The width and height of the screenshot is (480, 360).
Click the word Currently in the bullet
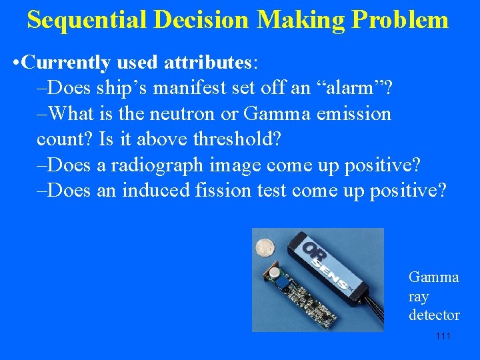click(x=65, y=63)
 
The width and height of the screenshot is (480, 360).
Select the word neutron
click(x=183, y=113)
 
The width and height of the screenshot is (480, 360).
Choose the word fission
click(x=225, y=191)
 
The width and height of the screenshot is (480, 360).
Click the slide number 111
click(x=443, y=336)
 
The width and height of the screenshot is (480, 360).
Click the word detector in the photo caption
click(x=434, y=315)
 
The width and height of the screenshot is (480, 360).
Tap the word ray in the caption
click(x=418, y=296)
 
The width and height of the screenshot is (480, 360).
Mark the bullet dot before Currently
click(x=16, y=63)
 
